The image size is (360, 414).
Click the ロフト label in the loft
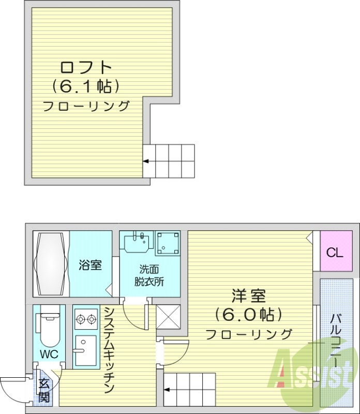[85, 67]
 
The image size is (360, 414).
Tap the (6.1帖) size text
[86, 86]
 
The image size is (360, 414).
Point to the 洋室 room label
[248, 297]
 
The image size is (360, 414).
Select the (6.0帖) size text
[249, 315]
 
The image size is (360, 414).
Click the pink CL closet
[334, 254]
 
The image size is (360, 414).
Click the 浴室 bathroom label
[90, 265]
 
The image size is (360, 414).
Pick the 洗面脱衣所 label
[151, 275]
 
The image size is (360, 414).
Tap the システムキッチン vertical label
[109, 349]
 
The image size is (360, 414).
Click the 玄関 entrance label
[44, 391]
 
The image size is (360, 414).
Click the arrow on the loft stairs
[146, 161]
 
